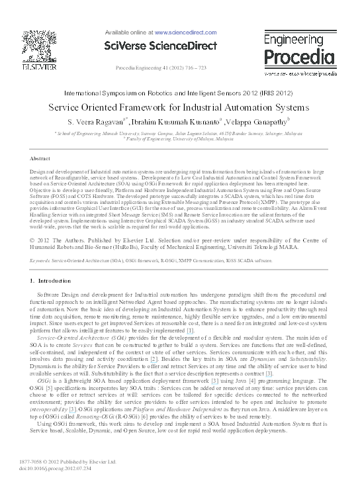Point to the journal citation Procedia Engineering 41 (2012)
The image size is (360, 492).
click(160, 68)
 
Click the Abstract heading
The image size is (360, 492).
click(41, 160)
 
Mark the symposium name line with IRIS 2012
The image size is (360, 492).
click(179, 94)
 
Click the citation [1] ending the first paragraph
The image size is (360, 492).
click(190, 330)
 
